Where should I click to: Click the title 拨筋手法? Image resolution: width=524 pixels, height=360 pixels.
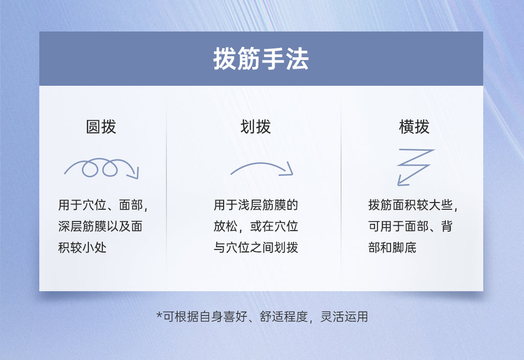pos(261,60)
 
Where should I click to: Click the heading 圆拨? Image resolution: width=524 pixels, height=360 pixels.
pos(101,127)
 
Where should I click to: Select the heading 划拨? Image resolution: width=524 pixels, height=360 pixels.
pos(256,127)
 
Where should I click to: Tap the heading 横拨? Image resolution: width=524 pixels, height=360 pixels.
pos(414,127)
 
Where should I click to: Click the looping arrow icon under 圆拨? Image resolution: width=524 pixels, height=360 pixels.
pos(101,168)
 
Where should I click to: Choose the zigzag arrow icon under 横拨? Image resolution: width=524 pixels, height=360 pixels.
pos(414,167)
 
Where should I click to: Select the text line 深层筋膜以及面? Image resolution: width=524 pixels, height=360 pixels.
pos(100,227)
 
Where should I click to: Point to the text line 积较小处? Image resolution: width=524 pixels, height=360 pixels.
pos(82,248)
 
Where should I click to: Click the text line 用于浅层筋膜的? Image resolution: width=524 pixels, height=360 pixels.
pos(256,206)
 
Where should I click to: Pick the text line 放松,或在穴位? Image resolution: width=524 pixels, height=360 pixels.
pos(256,227)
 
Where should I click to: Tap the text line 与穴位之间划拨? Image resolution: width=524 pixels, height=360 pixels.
pos(256,248)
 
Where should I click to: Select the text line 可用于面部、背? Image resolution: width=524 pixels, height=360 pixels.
pos(410,227)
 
